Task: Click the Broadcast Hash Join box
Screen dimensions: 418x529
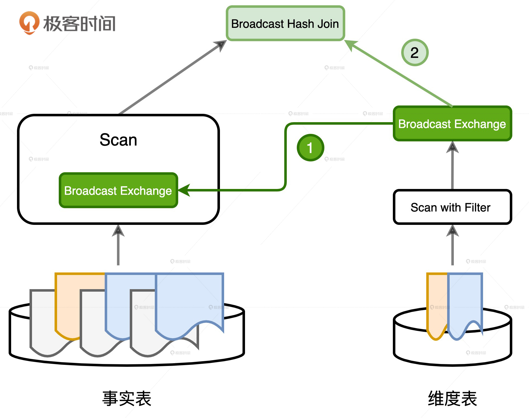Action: click(285, 24)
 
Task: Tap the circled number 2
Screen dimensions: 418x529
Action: click(415, 53)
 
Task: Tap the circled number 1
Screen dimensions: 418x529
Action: click(310, 148)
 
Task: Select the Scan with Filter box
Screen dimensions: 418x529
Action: click(452, 207)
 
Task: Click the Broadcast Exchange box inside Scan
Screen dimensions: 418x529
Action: click(118, 191)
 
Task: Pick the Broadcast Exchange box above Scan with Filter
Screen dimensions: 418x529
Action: click(452, 124)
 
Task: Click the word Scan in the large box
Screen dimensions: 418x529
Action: click(118, 140)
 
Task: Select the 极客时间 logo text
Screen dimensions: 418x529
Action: click(80, 24)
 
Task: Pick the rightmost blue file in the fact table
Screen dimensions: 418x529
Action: click(189, 298)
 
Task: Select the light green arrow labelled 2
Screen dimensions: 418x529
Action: click(398, 73)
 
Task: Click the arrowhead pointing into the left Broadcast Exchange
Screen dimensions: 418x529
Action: click(184, 190)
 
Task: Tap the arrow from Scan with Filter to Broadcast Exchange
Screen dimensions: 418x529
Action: click(452, 167)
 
